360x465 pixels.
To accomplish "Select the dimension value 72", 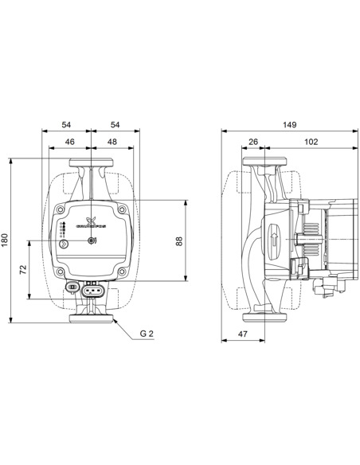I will [x=25, y=270].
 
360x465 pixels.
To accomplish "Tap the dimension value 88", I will [x=179, y=240].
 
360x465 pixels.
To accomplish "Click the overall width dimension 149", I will [x=290, y=124].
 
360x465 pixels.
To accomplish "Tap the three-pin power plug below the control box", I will [x=92, y=291].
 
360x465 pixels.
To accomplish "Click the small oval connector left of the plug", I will [x=72, y=287].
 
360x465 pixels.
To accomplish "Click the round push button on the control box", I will [x=92, y=240].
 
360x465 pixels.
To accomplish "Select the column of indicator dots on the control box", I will [x=63, y=232].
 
